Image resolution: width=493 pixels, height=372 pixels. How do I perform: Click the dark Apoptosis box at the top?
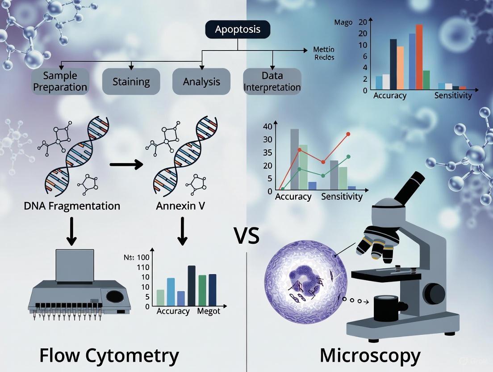point(237,30)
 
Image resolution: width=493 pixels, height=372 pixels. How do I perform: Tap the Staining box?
point(131,81)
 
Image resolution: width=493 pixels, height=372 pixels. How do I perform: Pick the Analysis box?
point(201,81)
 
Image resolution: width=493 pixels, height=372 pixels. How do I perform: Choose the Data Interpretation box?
point(272,81)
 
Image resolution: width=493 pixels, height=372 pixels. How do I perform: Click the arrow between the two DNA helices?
point(126,165)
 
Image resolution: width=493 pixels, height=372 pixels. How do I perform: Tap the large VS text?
point(246,236)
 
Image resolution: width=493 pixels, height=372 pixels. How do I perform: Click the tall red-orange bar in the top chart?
point(419,57)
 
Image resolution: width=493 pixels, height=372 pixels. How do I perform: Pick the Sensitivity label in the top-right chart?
point(453,95)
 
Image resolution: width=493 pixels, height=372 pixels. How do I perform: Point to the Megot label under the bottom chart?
point(209,311)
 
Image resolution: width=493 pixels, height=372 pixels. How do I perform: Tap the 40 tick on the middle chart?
point(267,127)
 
